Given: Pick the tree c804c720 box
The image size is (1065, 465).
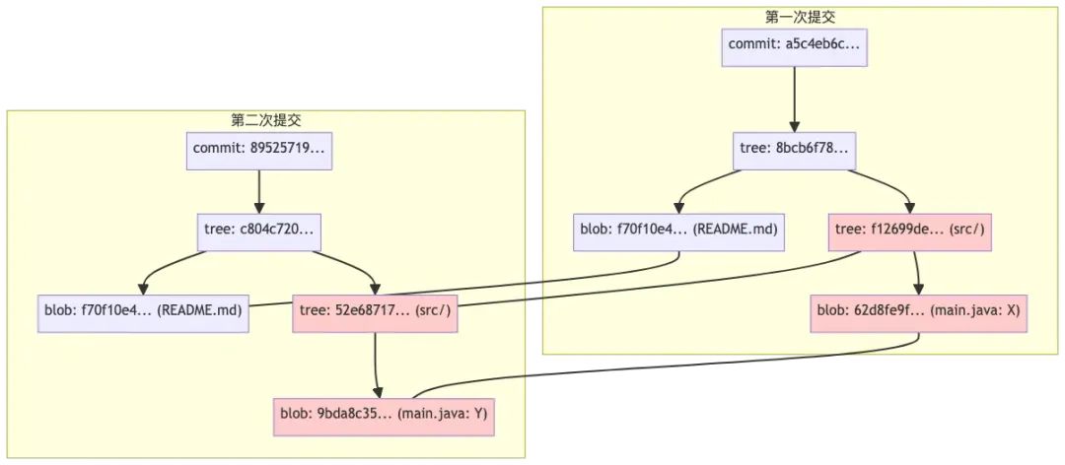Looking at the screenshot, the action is pyautogui.click(x=259, y=230).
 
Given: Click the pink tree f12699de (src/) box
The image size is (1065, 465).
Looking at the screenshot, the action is pyautogui.click(x=909, y=230).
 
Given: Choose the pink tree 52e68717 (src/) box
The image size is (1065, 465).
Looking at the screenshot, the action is pyautogui.click(x=375, y=311).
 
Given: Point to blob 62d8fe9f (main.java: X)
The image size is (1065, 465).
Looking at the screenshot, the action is pyautogui.click(x=919, y=311).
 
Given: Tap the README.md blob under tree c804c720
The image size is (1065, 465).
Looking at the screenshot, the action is pyautogui.click(x=144, y=311).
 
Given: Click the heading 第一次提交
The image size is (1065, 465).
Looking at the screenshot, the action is pyautogui.click(x=795, y=17).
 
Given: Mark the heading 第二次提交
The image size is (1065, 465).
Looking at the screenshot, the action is pyautogui.click(x=266, y=120).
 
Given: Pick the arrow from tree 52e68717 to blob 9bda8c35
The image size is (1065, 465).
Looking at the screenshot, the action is pyautogui.click(x=376, y=363).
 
